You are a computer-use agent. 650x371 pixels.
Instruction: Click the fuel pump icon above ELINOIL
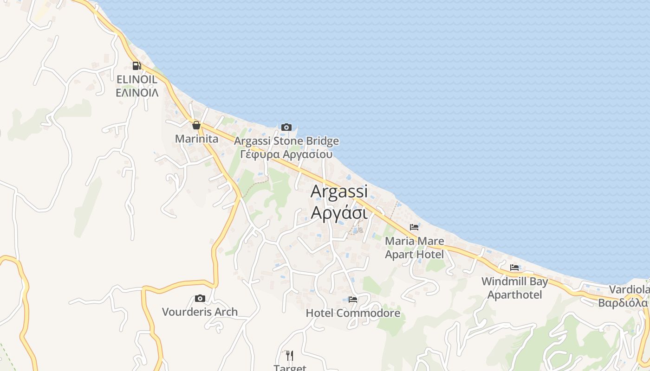coord(136,66)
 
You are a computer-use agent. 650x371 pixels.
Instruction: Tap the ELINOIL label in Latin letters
coord(137,80)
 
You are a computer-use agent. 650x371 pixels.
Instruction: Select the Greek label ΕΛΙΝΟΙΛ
coord(137,93)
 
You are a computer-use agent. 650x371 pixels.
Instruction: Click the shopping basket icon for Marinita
coord(196,125)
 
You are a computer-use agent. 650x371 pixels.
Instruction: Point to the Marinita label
coord(196,139)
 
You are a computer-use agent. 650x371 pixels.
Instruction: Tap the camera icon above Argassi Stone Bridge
coord(286,127)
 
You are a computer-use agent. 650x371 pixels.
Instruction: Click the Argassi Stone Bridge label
coord(286,141)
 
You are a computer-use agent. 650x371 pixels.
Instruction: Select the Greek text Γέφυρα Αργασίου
coord(286,154)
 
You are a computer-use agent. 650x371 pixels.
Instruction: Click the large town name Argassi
coord(339,191)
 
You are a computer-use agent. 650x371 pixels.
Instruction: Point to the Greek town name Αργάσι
coord(339,212)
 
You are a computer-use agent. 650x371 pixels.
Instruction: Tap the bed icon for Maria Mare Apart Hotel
coord(414,227)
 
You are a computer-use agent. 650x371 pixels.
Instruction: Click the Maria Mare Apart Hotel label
coord(415,248)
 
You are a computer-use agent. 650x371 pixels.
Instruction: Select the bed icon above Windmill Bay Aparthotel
coord(514,268)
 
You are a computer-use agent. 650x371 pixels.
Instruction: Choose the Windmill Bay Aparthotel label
coord(514,288)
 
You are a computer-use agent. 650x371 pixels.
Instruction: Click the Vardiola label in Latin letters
coord(629,290)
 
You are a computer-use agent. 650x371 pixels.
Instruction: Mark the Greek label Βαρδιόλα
coord(623,303)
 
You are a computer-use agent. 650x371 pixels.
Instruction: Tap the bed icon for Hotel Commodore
coord(353,300)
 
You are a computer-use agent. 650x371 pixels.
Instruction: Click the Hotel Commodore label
coord(353,313)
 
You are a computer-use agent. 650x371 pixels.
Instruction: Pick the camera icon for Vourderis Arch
coord(200,298)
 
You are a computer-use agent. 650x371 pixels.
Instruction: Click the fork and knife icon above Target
coord(290,356)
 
